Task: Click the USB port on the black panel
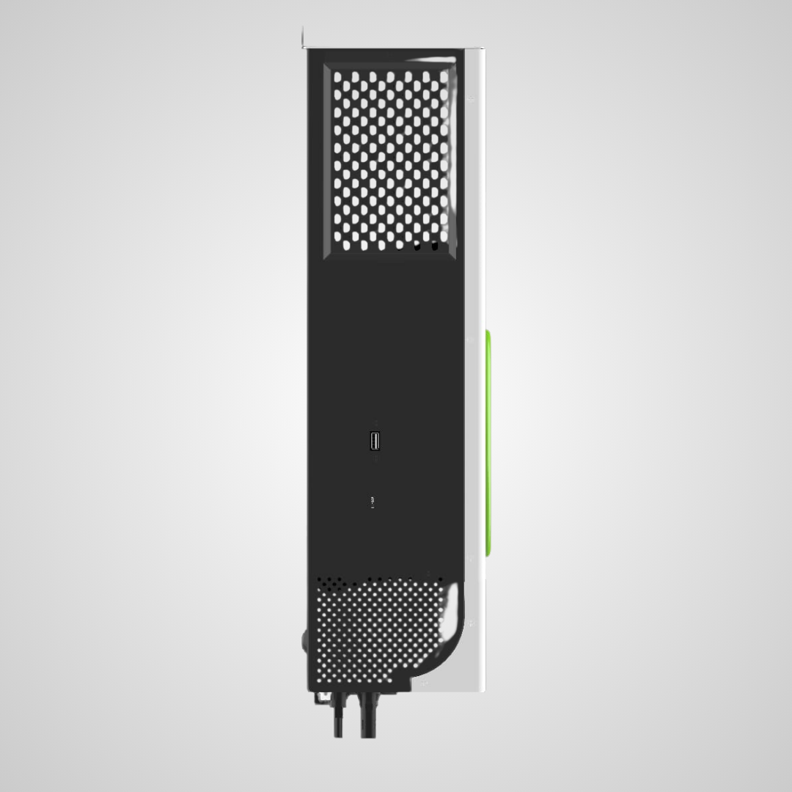(375, 441)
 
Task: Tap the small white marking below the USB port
(373, 502)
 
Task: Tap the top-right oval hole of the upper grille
(443, 76)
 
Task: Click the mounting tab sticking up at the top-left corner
(304, 37)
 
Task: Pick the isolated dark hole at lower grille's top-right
(441, 579)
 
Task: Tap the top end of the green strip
(488, 334)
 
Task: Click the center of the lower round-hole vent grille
(381, 631)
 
